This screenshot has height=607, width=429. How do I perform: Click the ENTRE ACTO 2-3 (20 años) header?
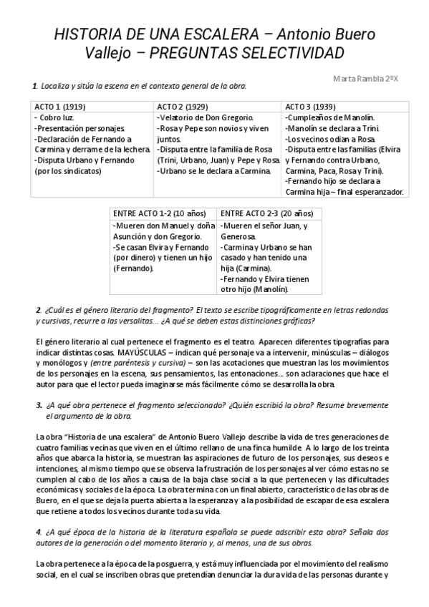(266, 213)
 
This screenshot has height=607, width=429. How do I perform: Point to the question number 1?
(35, 87)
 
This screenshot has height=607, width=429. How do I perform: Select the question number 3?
(38, 405)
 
